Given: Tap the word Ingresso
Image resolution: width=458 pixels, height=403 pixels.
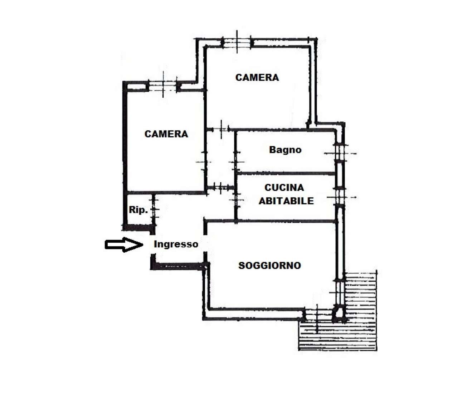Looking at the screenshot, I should click(176, 244).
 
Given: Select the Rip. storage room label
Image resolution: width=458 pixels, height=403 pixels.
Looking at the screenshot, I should click(138, 210).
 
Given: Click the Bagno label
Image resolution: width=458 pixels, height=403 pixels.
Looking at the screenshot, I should click(285, 150).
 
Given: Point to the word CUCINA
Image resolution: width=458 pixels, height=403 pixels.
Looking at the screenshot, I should click(284, 188).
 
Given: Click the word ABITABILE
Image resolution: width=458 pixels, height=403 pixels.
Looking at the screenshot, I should click(286, 201).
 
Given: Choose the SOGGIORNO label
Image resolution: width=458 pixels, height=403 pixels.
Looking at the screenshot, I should click(269, 266).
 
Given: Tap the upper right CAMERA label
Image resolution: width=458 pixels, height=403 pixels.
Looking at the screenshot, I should click(257, 77).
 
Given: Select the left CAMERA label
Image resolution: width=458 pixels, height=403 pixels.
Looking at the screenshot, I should click(166, 134).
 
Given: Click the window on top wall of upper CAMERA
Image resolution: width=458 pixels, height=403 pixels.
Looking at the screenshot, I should click(237, 42).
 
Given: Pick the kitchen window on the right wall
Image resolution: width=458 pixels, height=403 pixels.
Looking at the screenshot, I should click(340, 197).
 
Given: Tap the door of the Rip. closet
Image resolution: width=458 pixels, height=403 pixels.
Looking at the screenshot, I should click(154, 210).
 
